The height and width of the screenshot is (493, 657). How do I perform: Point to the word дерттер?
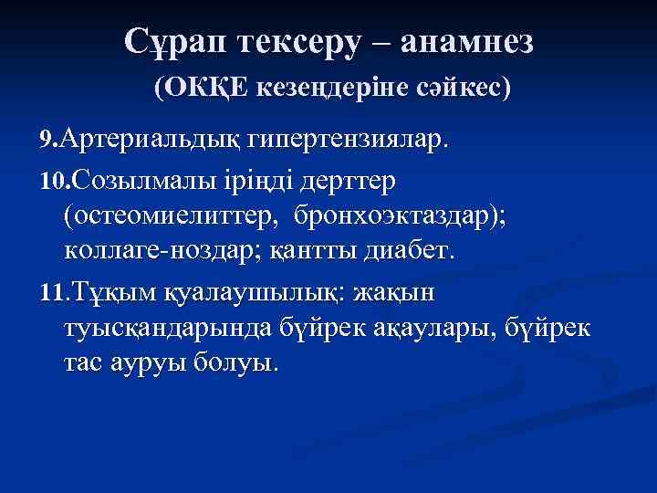tap(340, 181)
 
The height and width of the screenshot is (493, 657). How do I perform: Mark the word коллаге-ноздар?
tap(159, 250)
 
